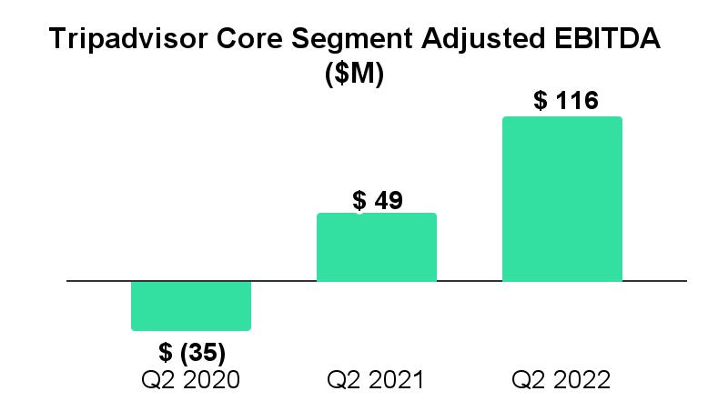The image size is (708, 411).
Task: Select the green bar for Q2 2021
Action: [x=376, y=247]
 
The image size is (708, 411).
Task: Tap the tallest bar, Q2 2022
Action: [x=561, y=199]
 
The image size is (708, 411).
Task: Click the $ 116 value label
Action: [x=566, y=101]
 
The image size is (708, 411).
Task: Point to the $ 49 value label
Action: [x=377, y=200]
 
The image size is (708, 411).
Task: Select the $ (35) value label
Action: [x=192, y=352]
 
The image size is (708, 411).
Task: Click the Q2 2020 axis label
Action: [x=191, y=379]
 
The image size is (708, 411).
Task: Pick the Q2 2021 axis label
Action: [x=376, y=379]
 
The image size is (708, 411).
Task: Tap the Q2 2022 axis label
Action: [x=561, y=379]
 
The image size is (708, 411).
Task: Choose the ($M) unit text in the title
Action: [x=354, y=75]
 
